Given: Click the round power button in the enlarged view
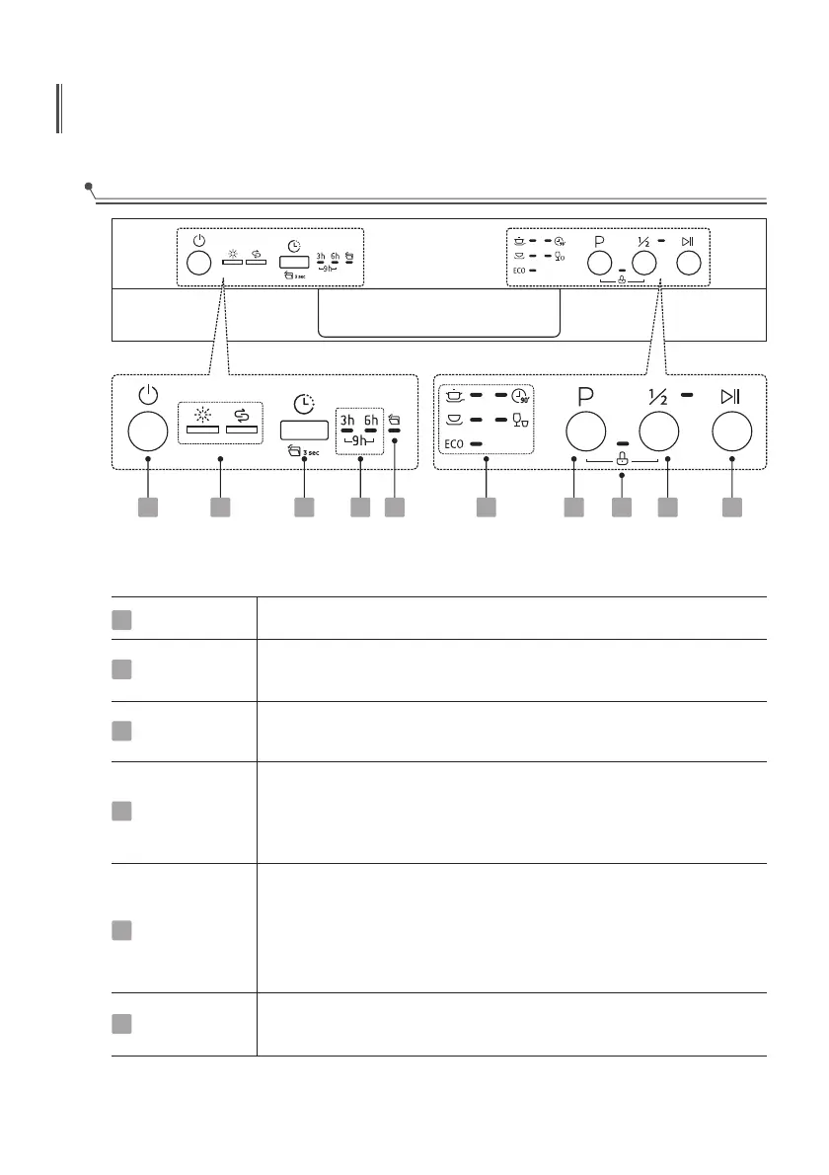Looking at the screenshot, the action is tap(147, 432).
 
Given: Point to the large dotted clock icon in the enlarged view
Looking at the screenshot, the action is tap(304, 403).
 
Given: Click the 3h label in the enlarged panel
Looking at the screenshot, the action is tap(346, 416).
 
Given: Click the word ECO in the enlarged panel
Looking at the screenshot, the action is tap(453, 444).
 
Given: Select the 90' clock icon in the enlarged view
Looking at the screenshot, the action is tap(521, 396).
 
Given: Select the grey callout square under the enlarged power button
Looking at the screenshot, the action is tap(147, 508).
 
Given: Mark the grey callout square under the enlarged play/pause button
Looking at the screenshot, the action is tap(731, 508).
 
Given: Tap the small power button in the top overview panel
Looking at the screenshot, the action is tap(198, 263).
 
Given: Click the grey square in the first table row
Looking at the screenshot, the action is tap(121, 618).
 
